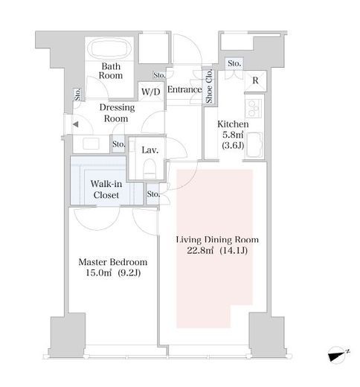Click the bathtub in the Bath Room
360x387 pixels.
point(110,48)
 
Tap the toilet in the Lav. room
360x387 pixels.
point(150,168)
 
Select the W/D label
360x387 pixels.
point(151,92)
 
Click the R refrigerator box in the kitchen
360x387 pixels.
point(256,80)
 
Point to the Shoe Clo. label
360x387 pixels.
point(209,86)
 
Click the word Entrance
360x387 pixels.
point(184,89)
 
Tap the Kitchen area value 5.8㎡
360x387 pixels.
point(233,135)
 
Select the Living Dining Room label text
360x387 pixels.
point(217,240)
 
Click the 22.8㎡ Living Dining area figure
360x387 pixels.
point(200,251)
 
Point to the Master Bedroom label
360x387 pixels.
point(113,262)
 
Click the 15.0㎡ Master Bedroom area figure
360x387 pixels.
point(98,273)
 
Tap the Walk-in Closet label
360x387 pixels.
point(106,189)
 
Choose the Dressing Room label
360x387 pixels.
point(117,113)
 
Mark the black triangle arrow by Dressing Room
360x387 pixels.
point(76,124)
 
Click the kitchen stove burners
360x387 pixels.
point(254,109)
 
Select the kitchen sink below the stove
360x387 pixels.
point(254,145)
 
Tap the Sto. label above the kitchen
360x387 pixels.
point(234,63)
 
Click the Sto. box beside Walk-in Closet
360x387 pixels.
point(153,194)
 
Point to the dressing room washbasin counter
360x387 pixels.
point(91,144)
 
